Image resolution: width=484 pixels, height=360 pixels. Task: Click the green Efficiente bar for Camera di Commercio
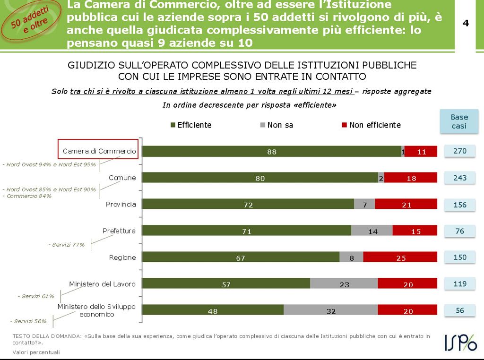271,152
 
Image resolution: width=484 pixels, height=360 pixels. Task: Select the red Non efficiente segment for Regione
400,257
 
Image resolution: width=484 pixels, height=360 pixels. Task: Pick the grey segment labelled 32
330,311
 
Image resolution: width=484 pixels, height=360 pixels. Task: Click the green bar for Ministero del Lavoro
226,284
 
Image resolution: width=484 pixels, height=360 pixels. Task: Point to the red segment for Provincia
406,205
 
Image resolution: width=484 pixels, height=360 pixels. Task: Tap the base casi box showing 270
459,151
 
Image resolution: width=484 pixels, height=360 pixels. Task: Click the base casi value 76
459,231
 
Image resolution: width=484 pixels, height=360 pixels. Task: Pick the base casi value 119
459,284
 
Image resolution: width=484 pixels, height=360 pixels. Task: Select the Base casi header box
459,121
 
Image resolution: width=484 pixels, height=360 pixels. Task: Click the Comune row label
122,178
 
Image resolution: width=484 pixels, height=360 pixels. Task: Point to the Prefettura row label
119,231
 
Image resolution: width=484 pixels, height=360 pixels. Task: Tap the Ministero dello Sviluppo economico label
96,310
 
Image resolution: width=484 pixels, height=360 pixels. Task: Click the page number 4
466,23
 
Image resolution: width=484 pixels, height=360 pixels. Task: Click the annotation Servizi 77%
67,245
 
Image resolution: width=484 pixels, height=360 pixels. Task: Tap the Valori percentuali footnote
36,352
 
